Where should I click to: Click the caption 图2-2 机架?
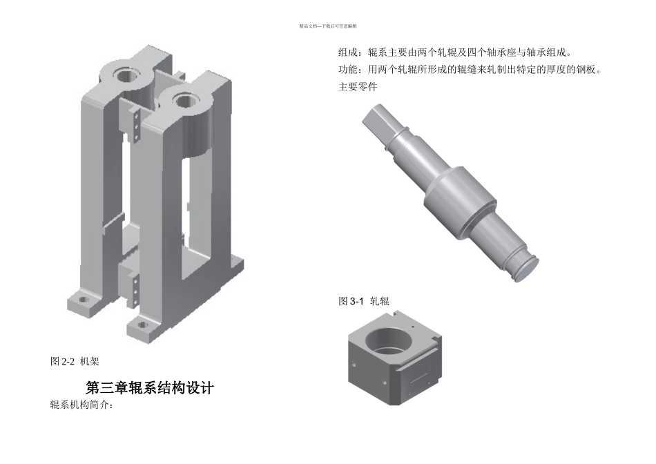76,361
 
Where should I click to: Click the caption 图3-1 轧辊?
364,301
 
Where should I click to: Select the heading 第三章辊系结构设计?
149,388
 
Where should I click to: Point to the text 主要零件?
358,87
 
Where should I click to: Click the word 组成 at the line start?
348,52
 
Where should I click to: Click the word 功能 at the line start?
348,70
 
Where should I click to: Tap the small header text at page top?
327,26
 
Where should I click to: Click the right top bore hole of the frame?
184,101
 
